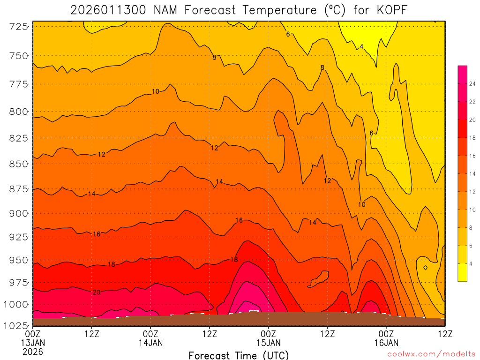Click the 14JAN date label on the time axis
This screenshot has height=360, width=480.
pyautogui.click(x=150, y=343)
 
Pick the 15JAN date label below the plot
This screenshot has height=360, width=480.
pyautogui.click(x=268, y=343)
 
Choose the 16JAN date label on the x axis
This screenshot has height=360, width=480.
pyautogui.click(x=386, y=343)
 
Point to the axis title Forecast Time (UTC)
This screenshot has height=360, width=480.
pyautogui.click(x=239, y=355)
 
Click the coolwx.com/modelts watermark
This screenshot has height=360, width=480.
pyautogui.click(x=431, y=355)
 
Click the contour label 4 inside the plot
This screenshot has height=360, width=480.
pyautogui.click(x=361, y=46)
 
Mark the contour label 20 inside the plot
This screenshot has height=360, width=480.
pyautogui.click(x=97, y=292)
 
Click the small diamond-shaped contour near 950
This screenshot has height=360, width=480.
pyautogui.click(x=425, y=268)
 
